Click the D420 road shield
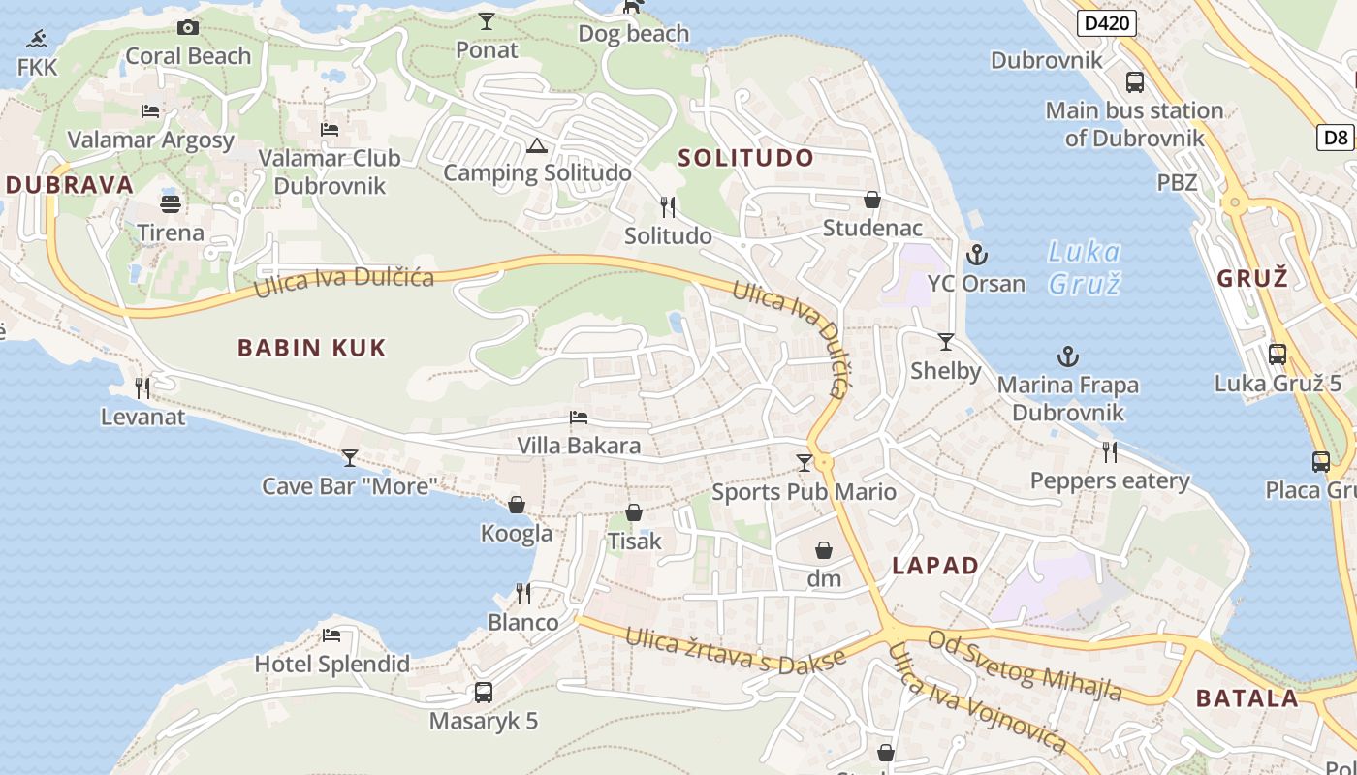click(1106, 23)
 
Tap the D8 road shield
click(1337, 138)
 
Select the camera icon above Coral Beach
click(188, 28)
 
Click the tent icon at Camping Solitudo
click(536, 146)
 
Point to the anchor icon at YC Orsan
click(976, 255)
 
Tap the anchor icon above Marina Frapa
click(1067, 356)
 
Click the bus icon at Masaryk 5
click(483, 693)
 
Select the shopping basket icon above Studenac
click(872, 201)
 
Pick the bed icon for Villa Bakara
click(579, 418)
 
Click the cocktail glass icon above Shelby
click(946, 342)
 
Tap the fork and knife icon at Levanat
click(142, 388)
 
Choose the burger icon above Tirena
click(171, 204)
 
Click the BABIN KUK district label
click(311, 348)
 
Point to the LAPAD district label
click(934, 566)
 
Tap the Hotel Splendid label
click(331, 665)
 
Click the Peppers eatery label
click(1110, 481)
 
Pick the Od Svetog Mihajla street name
click(1025, 666)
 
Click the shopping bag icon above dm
click(824, 551)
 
